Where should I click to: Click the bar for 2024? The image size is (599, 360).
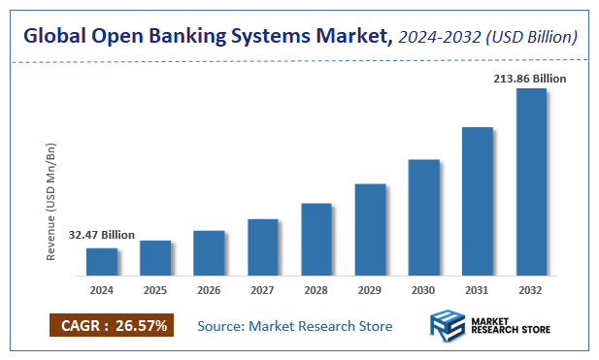[102, 261]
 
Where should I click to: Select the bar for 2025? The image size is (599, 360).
[155, 257]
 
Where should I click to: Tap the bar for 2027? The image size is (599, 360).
[263, 246]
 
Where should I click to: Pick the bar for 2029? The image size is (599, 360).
[370, 229]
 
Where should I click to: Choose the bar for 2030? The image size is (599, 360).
[424, 216]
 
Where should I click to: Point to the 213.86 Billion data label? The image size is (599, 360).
[529, 77]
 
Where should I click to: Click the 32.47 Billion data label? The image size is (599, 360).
[102, 235]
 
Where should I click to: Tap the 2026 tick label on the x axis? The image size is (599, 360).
[209, 289]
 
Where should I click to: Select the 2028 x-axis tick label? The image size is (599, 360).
[316, 289]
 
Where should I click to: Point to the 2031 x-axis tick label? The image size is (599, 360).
[478, 289]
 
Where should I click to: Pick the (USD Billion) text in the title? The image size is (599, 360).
[534, 37]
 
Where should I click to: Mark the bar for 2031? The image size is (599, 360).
[478, 201]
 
